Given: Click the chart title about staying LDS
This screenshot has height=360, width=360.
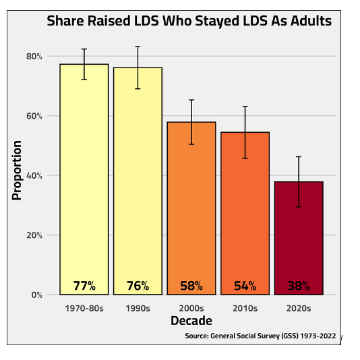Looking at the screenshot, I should pos(189,21).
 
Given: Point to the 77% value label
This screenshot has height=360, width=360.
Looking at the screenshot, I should pos(84,286).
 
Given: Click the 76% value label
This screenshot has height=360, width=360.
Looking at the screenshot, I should pos(138,286).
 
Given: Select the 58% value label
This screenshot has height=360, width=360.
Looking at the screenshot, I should pos(191,286).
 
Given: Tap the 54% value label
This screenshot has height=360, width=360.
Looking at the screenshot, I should pos(245,286).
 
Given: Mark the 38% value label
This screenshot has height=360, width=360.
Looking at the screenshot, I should pos(299,286).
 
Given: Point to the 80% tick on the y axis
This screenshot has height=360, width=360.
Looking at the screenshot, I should pos(34,56).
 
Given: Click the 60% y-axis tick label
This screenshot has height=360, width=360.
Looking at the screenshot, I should pos(34,116).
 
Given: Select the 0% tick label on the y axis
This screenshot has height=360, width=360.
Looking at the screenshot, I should pos(36,295).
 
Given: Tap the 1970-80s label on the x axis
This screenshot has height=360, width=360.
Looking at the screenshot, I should pos(84,308).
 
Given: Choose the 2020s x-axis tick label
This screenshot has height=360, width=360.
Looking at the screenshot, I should pos(299,308).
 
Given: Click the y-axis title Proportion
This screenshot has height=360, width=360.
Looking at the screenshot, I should pos(18,170).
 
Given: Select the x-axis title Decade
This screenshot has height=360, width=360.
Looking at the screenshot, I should pos(191,321).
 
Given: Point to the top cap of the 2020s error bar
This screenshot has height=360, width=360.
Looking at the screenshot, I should pos(299,156).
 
